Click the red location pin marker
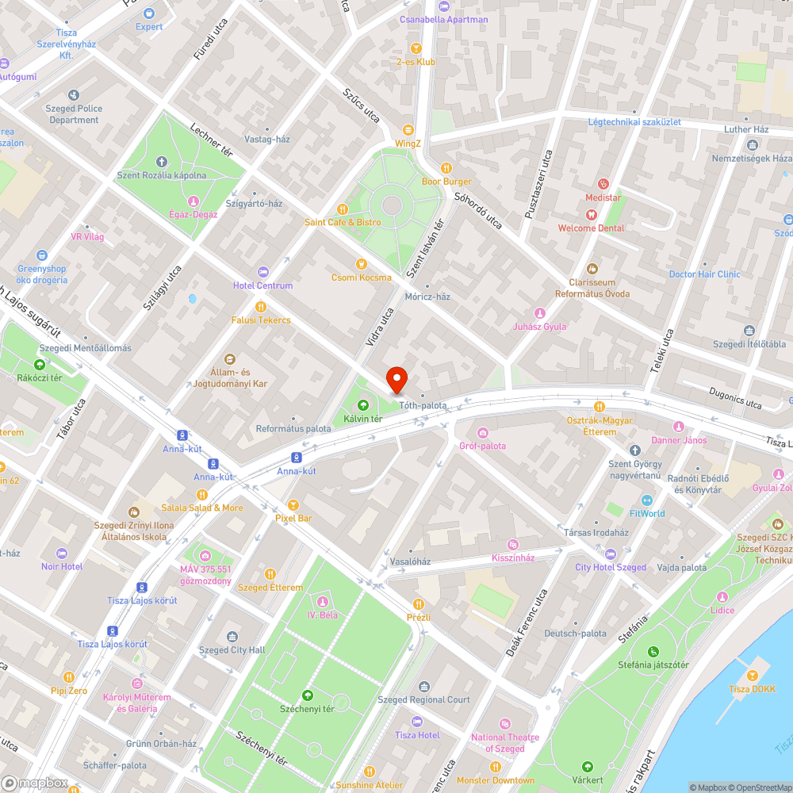click(396, 380)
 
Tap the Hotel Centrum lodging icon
click(263, 272)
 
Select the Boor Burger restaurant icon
click(446, 168)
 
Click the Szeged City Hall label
click(232, 650)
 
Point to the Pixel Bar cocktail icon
click(293, 504)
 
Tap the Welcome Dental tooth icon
click(590, 215)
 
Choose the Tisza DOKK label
click(752, 688)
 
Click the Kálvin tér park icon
click(363, 405)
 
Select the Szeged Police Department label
click(74, 114)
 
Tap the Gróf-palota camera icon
click(482, 432)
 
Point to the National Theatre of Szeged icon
click(505, 724)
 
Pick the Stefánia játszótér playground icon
click(654, 651)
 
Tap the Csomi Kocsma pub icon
click(361, 264)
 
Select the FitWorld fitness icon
click(646, 500)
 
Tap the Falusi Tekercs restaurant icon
click(261, 307)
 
